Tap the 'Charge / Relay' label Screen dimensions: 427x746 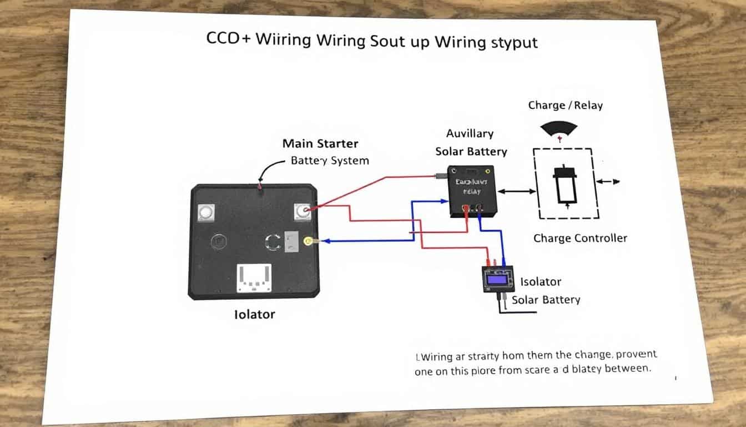(565, 105)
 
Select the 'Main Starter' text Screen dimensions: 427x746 (320, 143)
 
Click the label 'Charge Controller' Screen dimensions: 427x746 (580, 239)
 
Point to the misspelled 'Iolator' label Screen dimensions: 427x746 (254, 315)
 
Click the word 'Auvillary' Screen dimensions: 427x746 (470, 133)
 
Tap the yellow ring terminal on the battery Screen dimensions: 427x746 (308, 241)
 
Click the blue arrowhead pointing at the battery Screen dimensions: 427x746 (327, 241)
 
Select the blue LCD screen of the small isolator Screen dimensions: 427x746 (497, 279)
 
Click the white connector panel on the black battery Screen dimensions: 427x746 (254, 277)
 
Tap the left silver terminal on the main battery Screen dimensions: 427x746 (206, 212)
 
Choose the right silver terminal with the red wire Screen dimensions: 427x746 (302, 211)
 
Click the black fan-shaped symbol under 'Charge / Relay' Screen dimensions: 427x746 (558, 129)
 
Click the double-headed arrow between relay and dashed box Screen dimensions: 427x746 (517, 191)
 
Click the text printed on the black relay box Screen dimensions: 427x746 (471, 186)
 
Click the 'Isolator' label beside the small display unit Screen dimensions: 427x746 (541, 282)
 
